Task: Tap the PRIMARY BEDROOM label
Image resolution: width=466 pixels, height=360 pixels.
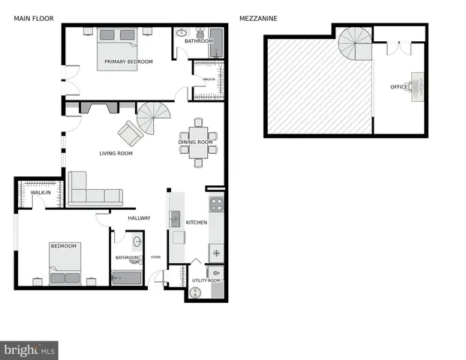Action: coord(128,61)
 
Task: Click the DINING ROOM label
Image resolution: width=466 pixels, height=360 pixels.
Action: coord(196,142)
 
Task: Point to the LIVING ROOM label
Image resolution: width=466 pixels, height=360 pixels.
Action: coord(116,154)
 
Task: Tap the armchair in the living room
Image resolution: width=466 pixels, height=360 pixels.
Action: coord(130,133)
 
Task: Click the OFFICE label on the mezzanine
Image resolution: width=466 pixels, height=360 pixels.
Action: coord(398,87)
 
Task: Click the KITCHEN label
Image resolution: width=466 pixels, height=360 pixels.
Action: coord(196,222)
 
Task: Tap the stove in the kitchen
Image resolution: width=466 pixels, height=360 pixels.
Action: coord(216,204)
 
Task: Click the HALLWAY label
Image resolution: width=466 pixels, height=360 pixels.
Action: coord(139,218)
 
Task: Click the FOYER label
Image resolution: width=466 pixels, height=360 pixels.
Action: coord(156,257)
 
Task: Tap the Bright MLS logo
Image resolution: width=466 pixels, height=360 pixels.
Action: coord(29,350)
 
